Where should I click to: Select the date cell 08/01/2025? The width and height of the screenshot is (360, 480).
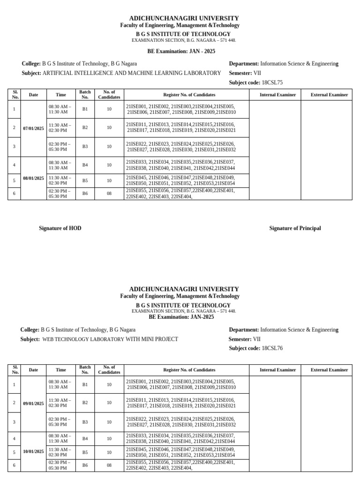pyautogui.click(x=33, y=178)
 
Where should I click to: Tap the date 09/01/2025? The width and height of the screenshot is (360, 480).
pyautogui.click(x=33, y=403)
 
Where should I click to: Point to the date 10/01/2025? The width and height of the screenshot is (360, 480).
pyautogui.click(x=33, y=451)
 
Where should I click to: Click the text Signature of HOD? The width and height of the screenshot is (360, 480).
pyautogui.click(x=60, y=228)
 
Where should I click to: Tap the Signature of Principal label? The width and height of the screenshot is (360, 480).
pyautogui.click(x=295, y=228)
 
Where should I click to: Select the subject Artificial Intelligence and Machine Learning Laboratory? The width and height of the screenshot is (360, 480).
pyautogui.click(x=132, y=73)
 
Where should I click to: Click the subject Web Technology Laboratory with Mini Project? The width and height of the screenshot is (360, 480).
pyautogui.click(x=110, y=339)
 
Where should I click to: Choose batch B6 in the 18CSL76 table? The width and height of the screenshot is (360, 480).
pyautogui.click(x=85, y=465)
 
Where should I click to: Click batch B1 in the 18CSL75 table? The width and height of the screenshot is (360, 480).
pyautogui.click(x=85, y=109)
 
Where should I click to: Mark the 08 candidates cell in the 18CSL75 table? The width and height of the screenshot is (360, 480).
pyautogui.click(x=109, y=193)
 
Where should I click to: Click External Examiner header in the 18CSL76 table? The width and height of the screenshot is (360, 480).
pyautogui.click(x=329, y=370)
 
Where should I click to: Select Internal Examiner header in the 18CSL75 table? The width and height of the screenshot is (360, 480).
pyautogui.click(x=278, y=95)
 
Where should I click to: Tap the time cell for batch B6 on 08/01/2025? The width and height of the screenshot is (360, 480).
pyautogui.click(x=60, y=193)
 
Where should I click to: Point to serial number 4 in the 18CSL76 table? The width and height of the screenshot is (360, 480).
pyautogui.click(x=15, y=439)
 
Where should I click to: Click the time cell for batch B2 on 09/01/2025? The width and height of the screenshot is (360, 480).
pyautogui.click(x=60, y=403)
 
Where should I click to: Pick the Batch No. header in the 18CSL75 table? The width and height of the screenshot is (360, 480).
pyautogui.click(x=85, y=95)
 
